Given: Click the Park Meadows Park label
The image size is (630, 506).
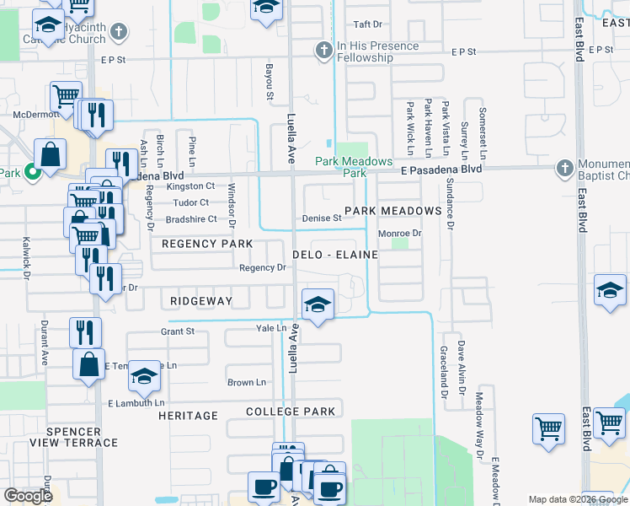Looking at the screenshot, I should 354,167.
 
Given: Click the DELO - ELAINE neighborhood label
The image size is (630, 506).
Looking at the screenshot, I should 334,254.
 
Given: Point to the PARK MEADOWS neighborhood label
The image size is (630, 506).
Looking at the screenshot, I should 392,210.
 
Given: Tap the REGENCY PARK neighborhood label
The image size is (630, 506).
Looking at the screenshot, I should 207,244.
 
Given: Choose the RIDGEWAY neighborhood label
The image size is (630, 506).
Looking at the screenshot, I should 200,300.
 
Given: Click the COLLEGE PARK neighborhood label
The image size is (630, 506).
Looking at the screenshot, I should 291,412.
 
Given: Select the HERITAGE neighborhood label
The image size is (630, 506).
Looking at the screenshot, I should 188,416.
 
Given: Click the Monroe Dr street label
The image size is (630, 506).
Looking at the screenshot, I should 399,233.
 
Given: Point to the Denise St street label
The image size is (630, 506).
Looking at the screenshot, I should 322,218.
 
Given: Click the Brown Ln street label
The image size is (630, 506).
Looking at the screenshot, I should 247,382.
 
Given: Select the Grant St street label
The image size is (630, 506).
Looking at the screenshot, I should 178,331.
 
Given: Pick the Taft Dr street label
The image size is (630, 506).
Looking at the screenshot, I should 368,24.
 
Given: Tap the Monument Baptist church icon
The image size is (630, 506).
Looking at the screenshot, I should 563,170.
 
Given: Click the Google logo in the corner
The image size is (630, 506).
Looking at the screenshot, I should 29,496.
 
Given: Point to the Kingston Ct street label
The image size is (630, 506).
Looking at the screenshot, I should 191,186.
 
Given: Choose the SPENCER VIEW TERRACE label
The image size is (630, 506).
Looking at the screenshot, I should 82,437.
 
